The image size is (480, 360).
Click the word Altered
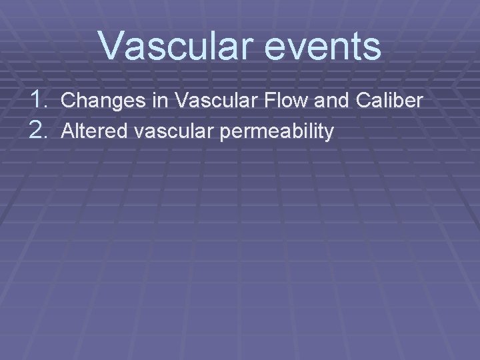[x=91, y=132]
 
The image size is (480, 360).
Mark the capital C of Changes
[x=68, y=101]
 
